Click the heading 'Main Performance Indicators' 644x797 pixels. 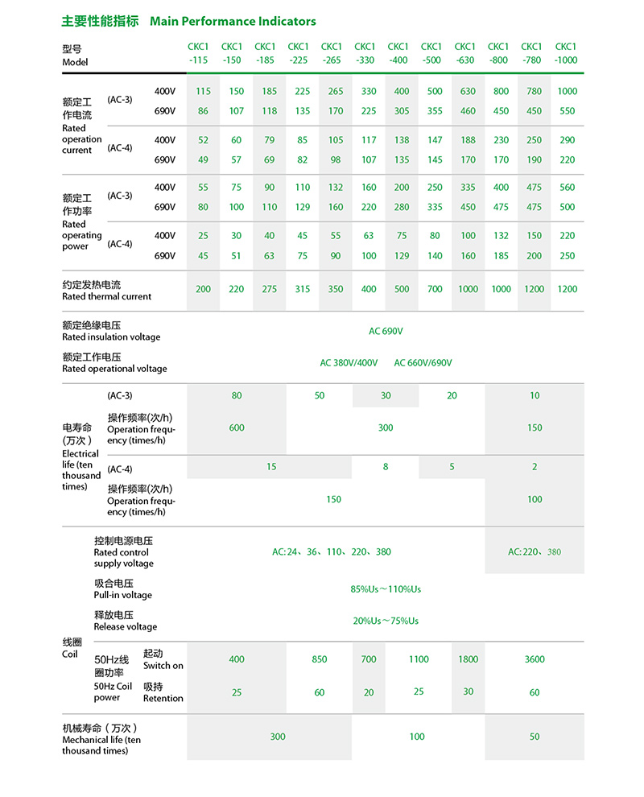pos(233,21)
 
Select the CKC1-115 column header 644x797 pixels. pos(199,53)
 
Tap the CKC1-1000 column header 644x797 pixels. pos(566,53)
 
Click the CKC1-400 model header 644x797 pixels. pos(398,53)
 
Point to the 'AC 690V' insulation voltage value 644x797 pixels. pos(386,331)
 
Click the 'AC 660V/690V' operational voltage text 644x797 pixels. pos(423,363)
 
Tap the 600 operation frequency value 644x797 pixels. pos(237,427)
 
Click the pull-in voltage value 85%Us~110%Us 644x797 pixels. pos(386,589)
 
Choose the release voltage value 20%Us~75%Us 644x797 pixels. pos(386,621)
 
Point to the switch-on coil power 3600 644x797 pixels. pos(535,659)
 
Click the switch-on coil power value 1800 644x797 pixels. pos(468,659)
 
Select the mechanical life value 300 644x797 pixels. pos(278,737)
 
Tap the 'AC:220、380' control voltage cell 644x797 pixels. pos(535,552)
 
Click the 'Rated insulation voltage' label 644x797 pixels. pos(111,337)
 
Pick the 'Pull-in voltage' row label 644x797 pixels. pos(122,595)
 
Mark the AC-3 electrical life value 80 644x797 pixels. pos(237,395)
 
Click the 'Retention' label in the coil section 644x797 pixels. pos(163,698)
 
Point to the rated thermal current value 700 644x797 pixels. pos(435,289)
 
